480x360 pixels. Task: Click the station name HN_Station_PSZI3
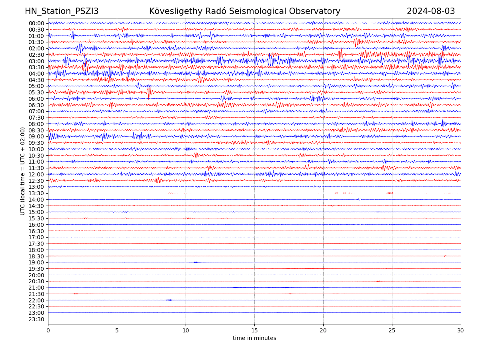[62, 11]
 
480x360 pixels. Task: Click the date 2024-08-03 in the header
[431, 11]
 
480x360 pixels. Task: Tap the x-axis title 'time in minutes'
[254, 338]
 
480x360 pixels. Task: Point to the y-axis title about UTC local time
[23, 171]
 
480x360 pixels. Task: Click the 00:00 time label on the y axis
[36, 23]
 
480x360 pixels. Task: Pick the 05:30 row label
[36, 92]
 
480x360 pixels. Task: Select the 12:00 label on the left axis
[36, 174]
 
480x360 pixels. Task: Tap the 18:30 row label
[36, 256]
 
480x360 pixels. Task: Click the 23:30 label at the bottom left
[36, 319]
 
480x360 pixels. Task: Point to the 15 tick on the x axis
[254, 330]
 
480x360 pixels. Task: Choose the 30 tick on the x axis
[461, 330]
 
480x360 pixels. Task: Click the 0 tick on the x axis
[48, 330]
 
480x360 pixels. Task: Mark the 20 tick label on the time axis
[323, 330]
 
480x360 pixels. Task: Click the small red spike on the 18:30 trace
[445, 256]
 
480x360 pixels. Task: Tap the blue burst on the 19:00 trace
[196, 262]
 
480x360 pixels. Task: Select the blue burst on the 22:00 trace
[169, 300]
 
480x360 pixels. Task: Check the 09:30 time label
[36, 143]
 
